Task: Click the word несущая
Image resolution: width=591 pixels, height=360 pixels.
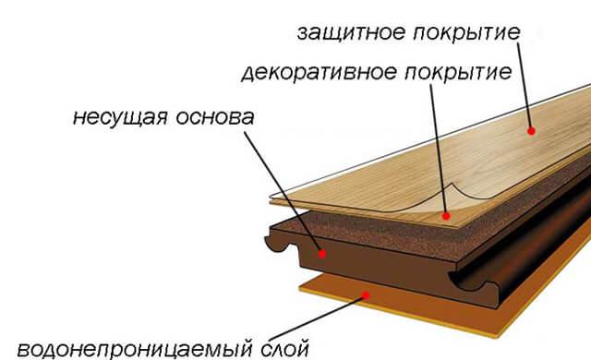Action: pyautogui.click(x=117, y=119)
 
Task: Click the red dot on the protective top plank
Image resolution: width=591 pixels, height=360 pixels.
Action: pyautogui.click(x=532, y=131)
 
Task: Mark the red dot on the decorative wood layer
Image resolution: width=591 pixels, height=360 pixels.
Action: pyautogui.click(x=446, y=216)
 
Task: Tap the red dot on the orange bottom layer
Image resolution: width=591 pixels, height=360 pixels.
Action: pyautogui.click(x=368, y=295)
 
